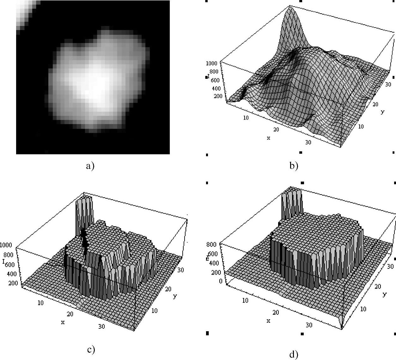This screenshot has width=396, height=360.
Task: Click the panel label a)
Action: [90, 165]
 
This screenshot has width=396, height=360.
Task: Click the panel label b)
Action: [294, 165]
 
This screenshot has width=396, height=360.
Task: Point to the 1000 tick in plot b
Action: [211, 63]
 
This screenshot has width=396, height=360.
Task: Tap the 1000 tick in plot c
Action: [6, 245]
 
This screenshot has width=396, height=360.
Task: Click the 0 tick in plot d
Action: [220, 281]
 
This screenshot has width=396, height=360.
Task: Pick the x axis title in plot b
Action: [268, 138]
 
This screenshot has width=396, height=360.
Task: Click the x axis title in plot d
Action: [268, 320]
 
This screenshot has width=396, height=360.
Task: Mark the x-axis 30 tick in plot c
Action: [101, 326]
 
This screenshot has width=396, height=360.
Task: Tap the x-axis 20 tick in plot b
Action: [276, 129]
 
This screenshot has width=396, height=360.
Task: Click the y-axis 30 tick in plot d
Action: [390, 267]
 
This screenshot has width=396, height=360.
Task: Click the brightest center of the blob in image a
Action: [92, 85]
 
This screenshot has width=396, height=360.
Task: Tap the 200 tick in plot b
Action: [218, 96]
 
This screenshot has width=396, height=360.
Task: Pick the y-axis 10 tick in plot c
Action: [154, 311]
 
